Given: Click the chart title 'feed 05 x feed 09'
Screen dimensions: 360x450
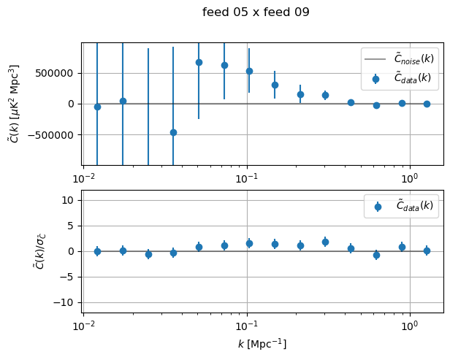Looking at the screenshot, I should tap(256, 12).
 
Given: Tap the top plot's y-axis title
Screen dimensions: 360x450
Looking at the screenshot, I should tap(15, 103).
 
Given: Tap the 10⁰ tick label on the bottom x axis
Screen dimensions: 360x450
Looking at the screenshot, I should tap(409, 326).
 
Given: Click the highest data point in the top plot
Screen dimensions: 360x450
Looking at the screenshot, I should tap(199, 62).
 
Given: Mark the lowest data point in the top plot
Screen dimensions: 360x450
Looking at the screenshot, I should tap(173, 132).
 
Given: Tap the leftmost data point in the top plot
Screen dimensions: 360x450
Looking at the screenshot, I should tap(97, 107).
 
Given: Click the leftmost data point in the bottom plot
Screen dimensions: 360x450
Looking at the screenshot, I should tap(97, 251).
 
